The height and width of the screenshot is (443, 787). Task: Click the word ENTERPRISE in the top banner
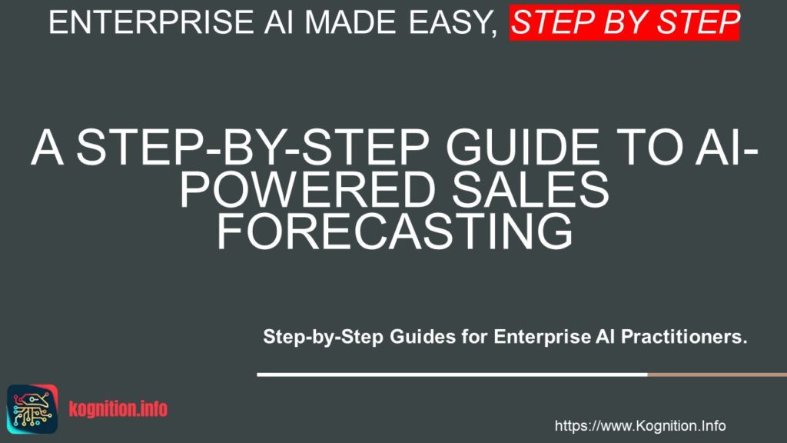151,22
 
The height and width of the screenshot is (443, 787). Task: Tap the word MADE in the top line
350,22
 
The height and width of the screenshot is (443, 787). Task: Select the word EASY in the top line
453,23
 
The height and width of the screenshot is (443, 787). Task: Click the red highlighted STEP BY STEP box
624,22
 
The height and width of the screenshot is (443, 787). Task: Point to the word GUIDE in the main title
522,148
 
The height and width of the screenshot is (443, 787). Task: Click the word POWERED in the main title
307,190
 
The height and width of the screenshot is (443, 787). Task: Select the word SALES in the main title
530,190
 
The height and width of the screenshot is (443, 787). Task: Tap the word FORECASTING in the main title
394,231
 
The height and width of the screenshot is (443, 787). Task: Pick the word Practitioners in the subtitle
684,337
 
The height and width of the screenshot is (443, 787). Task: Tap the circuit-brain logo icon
32,409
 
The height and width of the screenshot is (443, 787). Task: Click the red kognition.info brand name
118,409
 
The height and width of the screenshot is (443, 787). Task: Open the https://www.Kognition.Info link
640,426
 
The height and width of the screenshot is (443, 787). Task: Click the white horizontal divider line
452,375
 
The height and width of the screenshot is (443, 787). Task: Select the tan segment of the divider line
717,375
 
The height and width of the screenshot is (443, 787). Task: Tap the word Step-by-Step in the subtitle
324,337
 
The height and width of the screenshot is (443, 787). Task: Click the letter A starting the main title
47,148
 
